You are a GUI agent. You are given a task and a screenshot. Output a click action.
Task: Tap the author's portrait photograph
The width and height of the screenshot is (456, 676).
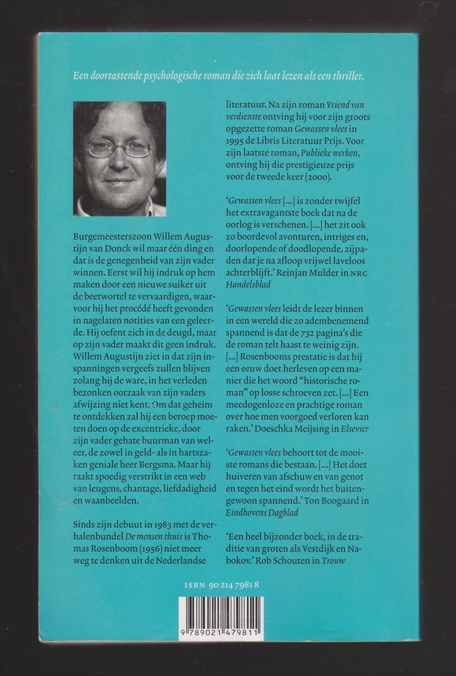point(119,159)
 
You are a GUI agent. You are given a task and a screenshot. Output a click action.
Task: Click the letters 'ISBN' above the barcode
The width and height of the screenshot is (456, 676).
point(195,585)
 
